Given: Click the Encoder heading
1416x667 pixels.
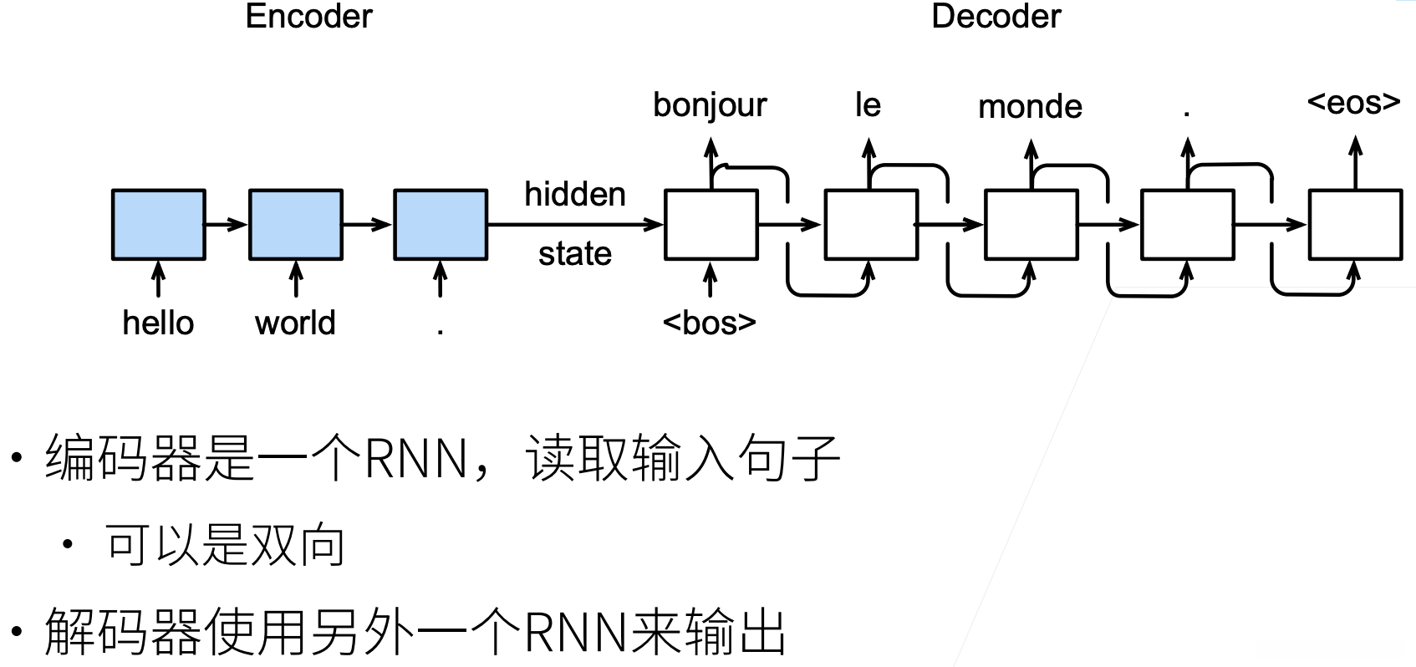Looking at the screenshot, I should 308,16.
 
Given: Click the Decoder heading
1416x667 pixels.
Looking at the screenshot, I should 996,16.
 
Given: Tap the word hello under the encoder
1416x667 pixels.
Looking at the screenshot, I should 158,323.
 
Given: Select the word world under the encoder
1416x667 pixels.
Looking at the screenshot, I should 295,323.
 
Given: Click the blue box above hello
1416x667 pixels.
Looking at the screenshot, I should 159,224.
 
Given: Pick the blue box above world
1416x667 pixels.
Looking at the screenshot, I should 295,224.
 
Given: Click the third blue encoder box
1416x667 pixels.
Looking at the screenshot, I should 441,224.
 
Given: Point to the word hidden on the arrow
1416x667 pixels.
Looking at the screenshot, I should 575,194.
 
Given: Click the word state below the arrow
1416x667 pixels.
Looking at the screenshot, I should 575,253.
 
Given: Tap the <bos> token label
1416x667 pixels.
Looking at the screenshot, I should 710,323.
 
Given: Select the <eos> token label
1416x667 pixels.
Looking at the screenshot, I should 1353,102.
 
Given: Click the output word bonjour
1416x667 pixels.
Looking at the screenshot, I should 710,105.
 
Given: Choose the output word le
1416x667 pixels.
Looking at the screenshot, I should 868,104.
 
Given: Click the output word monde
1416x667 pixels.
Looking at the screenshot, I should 1030,106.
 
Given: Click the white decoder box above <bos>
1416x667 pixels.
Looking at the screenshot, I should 711,224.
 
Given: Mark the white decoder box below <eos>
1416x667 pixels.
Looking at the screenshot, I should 1355,224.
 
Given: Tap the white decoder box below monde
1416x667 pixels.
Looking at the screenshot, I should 1031,224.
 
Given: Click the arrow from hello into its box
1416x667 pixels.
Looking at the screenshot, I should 158,279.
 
